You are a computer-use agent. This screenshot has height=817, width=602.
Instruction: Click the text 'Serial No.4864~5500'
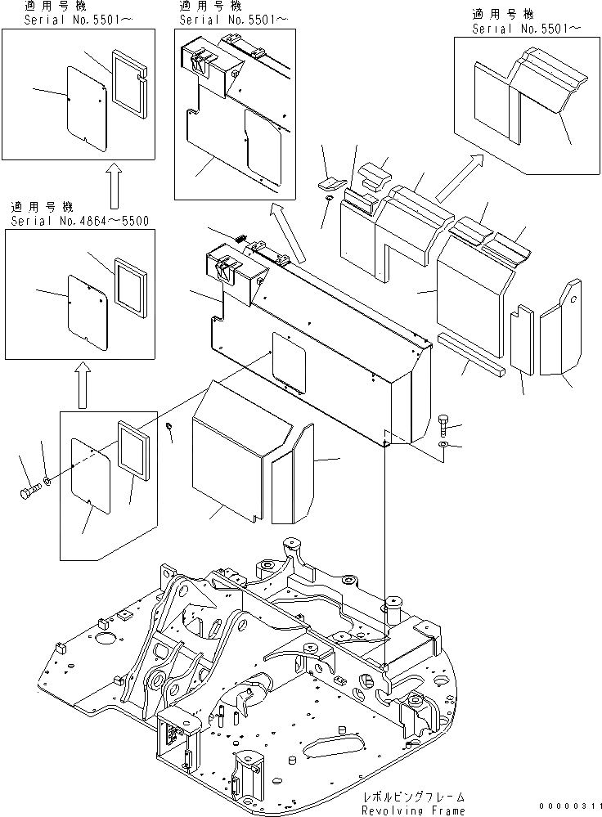pyautogui.click(x=80, y=221)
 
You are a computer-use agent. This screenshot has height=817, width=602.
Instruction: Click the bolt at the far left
pyautogui.click(x=30, y=492)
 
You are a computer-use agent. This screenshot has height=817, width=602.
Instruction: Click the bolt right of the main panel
pyautogui.click(x=443, y=423)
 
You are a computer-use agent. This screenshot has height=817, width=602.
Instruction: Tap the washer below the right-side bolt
pyautogui.click(x=443, y=444)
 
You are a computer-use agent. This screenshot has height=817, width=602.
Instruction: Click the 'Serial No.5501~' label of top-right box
pyautogui.click(x=527, y=29)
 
